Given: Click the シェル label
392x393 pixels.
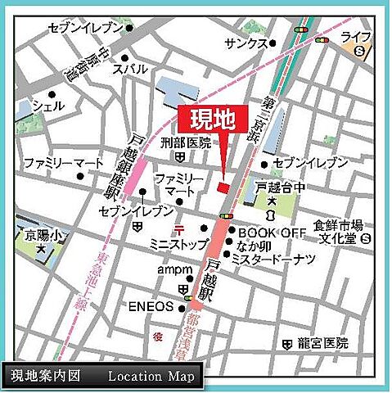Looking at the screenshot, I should tap(47, 106).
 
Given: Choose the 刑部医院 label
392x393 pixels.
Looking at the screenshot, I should tap(185, 142).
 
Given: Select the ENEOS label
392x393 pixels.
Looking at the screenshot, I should tap(151, 307).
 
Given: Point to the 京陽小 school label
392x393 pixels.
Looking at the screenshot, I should tap(35, 234).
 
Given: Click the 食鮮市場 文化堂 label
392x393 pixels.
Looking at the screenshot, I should tap(337, 231).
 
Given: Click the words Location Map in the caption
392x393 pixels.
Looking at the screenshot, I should tap(151, 377).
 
